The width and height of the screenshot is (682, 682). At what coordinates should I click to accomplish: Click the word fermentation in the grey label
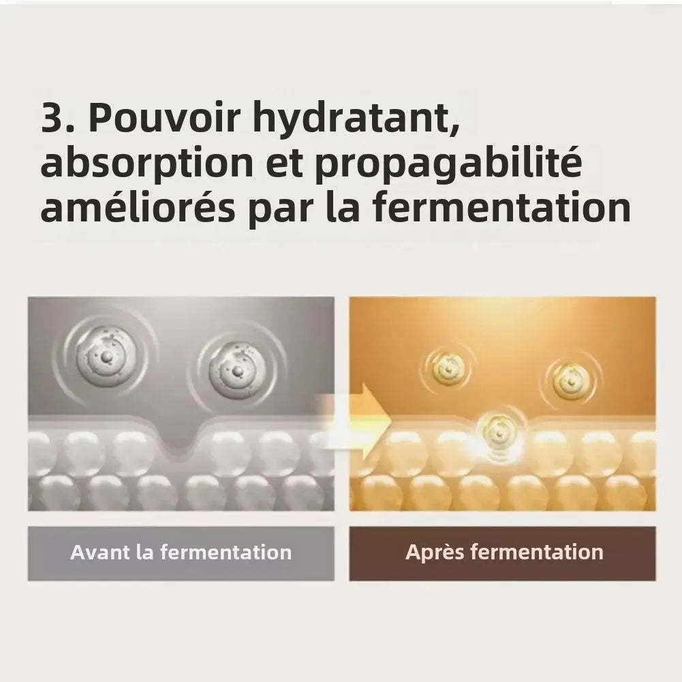click(x=226, y=553)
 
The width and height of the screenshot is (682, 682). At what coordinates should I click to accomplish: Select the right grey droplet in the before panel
click(x=237, y=371)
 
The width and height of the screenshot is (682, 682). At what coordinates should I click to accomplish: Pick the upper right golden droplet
click(x=571, y=382)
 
